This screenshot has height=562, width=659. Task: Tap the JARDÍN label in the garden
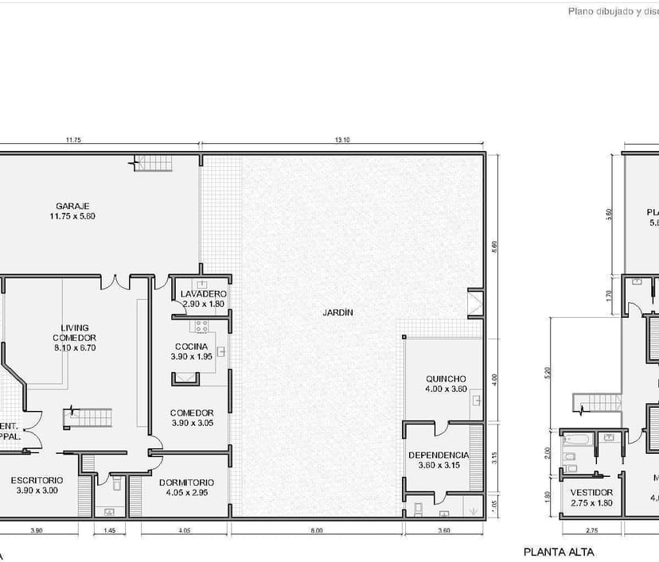pos(337,312)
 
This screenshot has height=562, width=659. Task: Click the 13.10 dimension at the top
pos(342,140)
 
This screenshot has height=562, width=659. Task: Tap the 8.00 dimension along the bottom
pos(317,529)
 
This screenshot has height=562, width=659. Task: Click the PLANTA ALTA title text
pos(558,552)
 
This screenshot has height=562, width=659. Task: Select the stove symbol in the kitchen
pos(198,325)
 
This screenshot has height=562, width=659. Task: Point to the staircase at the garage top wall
pos(154,164)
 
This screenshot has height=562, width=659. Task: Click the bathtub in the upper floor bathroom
pos(576,439)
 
